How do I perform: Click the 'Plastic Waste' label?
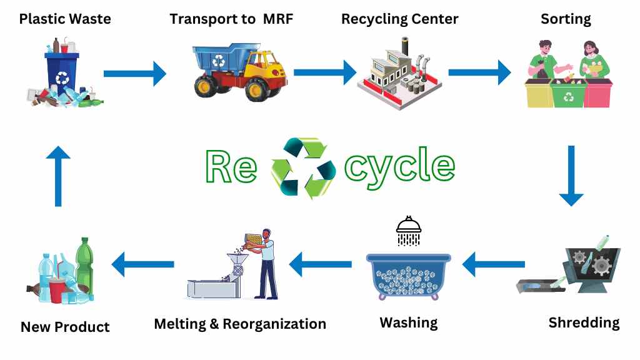(x=65, y=19)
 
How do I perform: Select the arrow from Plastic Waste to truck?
(x=134, y=74)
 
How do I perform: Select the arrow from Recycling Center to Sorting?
(x=479, y=72)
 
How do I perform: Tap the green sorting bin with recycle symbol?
(x=569, y=96)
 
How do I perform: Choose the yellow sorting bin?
(x=538, y=95)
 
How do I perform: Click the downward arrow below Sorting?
(x=571, y=176)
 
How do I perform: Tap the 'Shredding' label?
(x=584, y=323)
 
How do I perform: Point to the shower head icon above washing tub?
(x=408, y=231)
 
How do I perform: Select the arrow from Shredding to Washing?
(x=494, y=265)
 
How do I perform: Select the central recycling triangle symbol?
(x=299, y=168)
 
